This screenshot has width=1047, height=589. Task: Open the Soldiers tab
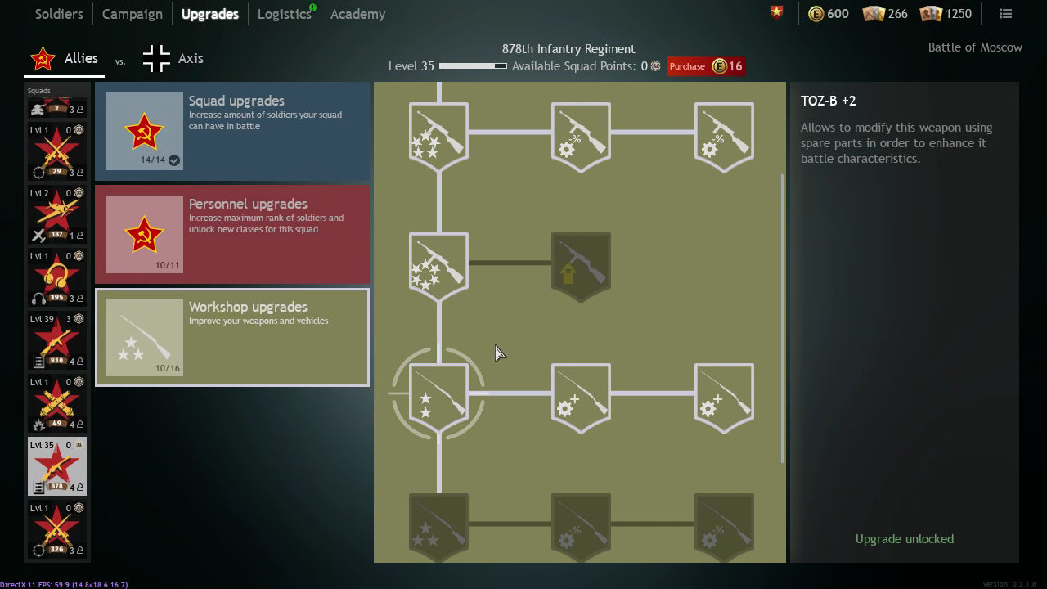59,14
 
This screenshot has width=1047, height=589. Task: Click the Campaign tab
132,14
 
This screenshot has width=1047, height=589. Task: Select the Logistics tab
284,14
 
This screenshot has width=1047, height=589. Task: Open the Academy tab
357,14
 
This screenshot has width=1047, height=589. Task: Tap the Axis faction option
173,59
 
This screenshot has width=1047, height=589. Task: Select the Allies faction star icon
43,59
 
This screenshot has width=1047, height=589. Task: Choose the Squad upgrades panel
232,131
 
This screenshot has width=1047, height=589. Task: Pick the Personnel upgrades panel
232,234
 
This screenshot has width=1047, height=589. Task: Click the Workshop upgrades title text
248,307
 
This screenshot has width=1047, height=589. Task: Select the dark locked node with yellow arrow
581,266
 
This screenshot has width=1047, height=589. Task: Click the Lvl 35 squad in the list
57,466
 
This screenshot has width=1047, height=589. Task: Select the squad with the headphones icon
57,277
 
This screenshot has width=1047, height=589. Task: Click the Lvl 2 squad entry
57,214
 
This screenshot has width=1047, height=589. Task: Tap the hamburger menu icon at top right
1005,13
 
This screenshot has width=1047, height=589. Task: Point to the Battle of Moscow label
975,47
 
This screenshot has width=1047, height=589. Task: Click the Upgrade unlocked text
904,539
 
